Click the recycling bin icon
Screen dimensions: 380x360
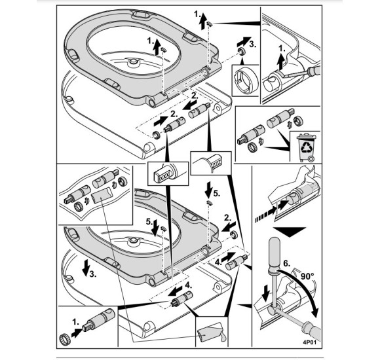(306, 147)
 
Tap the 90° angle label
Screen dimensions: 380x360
(307, 276)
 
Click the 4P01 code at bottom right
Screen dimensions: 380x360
(310, 342)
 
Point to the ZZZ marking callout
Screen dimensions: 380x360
(217, 164)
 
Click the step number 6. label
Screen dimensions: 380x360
(287, 263)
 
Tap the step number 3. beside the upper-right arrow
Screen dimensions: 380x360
(252, 45)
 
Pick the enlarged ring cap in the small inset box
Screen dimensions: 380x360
(246, 81)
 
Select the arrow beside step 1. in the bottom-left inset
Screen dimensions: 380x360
(77, 333)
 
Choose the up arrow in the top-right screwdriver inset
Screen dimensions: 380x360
(281, 62)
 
